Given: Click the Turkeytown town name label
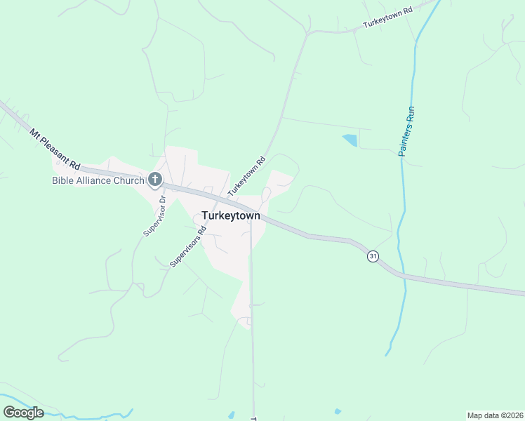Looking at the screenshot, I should click(230, 215).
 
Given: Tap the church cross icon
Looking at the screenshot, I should click(155, 180).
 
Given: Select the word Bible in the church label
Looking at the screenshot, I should click(63, 180).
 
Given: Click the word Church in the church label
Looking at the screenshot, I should click(129, 180).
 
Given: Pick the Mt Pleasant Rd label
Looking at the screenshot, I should click(55, 149).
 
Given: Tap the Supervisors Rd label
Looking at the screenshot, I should click(188, 246).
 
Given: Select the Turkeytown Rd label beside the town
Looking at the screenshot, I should click(246, 175).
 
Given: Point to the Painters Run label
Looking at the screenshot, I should click(406, 131).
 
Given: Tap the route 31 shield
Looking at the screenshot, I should click(373, 257).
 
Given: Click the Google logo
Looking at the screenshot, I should click(23, 412).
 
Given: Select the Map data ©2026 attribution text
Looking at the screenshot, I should click(494, 415).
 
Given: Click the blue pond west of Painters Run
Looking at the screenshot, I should click(350, 140).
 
